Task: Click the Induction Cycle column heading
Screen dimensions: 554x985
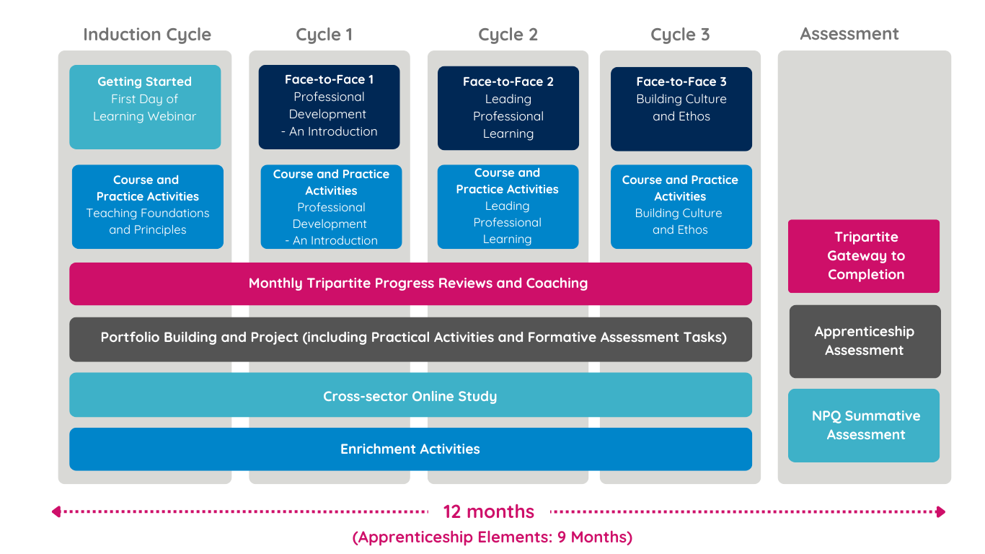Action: (147, 35)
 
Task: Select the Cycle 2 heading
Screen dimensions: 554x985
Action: (508, 35)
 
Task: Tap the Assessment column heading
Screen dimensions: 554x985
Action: (849, 34)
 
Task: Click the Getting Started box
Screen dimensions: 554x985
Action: (145, 107)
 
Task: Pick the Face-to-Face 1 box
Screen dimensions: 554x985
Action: (329, 107)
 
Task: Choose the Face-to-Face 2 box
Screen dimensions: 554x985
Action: (508, 108)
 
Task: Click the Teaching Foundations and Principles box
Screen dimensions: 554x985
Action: (148, 206)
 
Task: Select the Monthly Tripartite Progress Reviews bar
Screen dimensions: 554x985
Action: (410, 283)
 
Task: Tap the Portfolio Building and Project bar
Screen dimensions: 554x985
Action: (410, 338)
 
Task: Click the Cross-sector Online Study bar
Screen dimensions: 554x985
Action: (410, 395)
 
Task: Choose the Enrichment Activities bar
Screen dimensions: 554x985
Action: (410, 449)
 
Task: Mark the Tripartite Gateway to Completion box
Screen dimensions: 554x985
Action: (864, 256)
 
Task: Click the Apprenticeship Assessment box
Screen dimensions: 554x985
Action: (865, 341)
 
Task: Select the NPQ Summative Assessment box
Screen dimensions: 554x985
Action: (864, 426)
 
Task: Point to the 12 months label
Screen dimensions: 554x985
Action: (488, 512)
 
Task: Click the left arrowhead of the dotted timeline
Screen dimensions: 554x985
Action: (56, 512)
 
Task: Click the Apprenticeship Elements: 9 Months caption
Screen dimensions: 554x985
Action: (492, 537)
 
